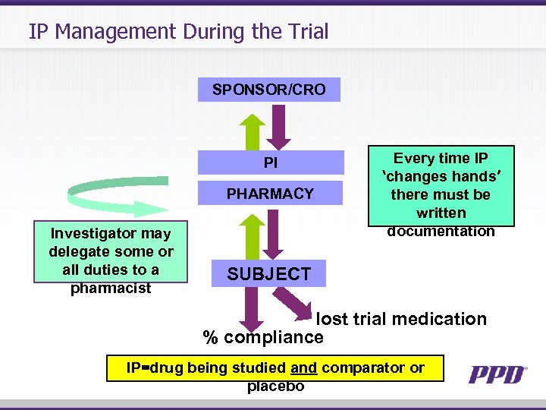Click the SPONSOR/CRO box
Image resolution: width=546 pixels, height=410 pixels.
268,90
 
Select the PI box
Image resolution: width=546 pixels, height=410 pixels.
270,163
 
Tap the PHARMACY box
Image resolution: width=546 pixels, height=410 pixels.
270,194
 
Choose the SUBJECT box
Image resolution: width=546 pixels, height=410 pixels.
268,274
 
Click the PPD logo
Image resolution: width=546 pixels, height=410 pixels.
497,374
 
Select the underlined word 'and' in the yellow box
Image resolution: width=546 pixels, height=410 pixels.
303,368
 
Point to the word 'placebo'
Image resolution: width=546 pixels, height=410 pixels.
275,386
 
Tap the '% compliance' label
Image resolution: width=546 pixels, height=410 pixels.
263,337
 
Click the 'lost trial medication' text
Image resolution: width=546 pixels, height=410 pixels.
401,319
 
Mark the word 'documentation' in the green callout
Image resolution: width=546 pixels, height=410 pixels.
441,231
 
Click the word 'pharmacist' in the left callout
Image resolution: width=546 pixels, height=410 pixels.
111,289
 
